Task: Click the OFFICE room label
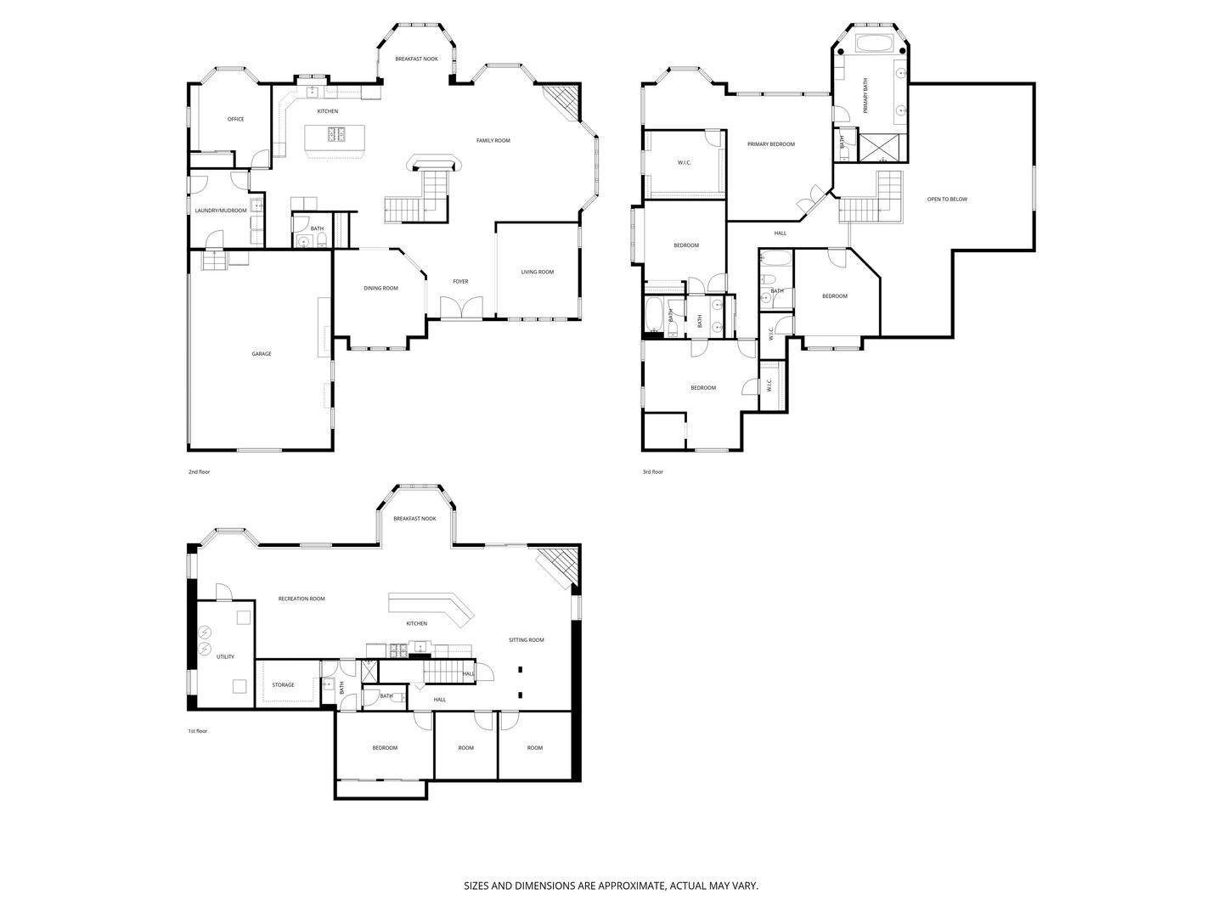[x=236, y=119]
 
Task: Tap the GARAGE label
[x=262, y=353]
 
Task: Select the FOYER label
[x=460, y=281]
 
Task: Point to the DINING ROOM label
[x=381, y=288]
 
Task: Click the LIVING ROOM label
[x=537, y=272]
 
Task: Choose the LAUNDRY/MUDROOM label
[x=221, y=211]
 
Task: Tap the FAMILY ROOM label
[x=493, y=140]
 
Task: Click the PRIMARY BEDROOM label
[x=771, y=144]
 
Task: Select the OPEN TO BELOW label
[x=947, y=199]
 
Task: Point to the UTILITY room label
[x=225, y=656]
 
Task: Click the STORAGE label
[x=283, y=684]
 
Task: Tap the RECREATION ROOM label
[x=302, y=599]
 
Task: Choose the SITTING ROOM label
[x=526, y=639]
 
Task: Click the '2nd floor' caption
[x=199, y=471]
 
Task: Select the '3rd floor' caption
[x=652, y=471]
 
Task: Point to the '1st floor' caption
[x=197, y=731]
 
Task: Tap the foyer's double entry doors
[x=461, y=307]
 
